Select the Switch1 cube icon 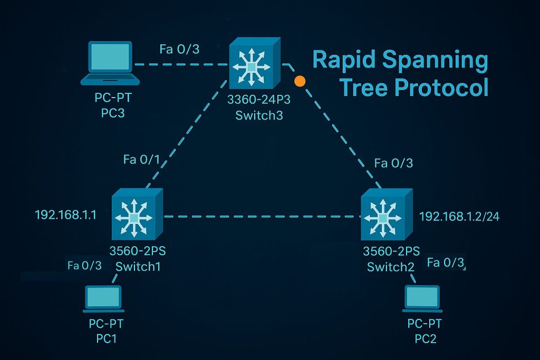(x=136, y=216)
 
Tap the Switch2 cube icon (x=385, y=216)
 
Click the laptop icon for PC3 (x=110, y=64)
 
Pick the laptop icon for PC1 (x=103, y=299)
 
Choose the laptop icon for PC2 (x=422, y=299)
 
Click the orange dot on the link (x=300, y=81)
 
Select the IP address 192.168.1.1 (x=65, y=215)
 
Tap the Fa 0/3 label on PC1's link (x=84, y=266)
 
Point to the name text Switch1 (x=138, y=266)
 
